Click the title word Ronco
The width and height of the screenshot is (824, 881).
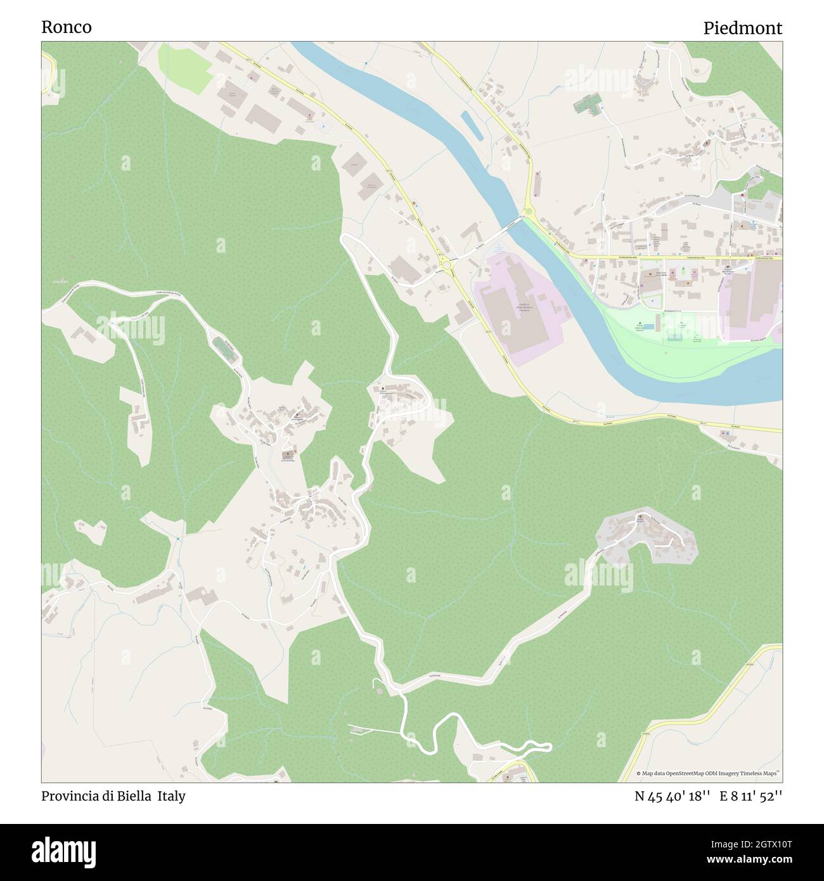point(66,27)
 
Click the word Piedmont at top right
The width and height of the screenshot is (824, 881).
point(742,28)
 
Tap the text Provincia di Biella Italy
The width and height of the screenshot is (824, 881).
point(113,796)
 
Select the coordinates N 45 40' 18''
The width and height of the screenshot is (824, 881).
point(671,796)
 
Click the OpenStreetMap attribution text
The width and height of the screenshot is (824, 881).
point(709,773)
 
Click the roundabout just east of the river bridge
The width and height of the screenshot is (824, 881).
point(528,214)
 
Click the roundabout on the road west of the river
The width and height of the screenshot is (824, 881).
point(446,264)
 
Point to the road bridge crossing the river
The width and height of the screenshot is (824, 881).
point(504,227)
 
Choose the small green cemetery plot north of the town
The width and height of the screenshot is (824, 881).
point(587,103)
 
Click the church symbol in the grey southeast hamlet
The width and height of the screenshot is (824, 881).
point(641,518)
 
